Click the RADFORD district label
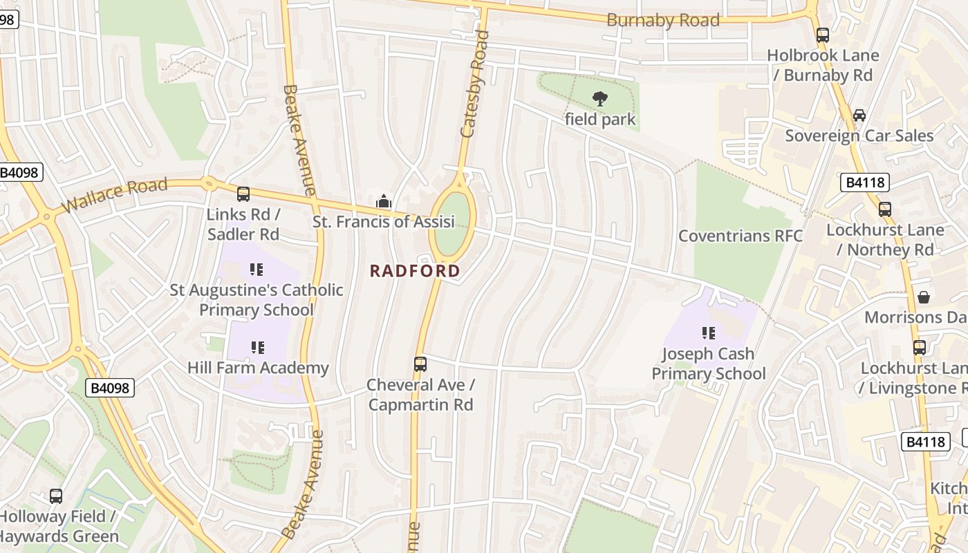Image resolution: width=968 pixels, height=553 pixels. coord(415,271)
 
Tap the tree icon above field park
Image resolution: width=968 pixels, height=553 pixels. coord(600,99)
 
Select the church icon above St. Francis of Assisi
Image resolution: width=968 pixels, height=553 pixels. coord(383,201)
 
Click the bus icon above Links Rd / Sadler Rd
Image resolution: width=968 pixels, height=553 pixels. coord(243,194)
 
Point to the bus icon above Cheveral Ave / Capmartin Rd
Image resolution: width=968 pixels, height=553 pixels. coord(420,364)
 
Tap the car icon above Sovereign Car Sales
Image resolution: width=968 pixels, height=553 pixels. coord(859,115)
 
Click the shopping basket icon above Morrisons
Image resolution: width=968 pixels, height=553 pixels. coord(923,297)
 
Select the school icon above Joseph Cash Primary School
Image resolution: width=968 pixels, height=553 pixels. coord(708,333)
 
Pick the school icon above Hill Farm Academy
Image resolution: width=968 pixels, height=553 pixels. coord(257,347)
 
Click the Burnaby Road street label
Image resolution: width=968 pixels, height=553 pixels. coord(662,20)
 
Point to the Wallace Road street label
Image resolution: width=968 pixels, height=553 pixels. coord(114,196)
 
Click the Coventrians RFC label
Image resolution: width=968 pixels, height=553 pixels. coord(740,236)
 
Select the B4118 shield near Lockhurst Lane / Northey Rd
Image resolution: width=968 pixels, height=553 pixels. coord(864,182)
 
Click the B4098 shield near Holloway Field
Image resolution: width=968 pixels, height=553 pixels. coord(111,388)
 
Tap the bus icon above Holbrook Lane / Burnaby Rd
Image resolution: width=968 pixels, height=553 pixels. coord(822,35)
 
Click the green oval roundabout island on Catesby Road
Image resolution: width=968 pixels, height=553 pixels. coord(452,223)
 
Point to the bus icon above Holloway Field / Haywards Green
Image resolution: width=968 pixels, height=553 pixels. coord(56,496)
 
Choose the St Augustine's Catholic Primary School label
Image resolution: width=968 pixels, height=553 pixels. coord(257,299)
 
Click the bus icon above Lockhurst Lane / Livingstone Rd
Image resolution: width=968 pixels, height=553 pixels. coord(919,347)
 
